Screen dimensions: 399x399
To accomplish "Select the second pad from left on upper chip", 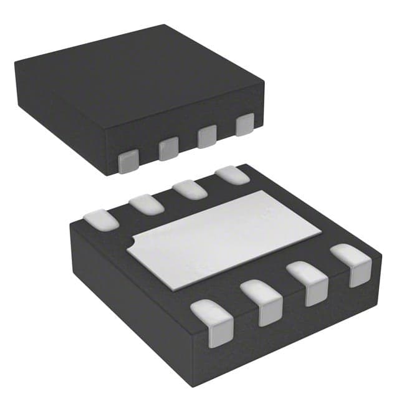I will pyautogui.click(x=168, y=148).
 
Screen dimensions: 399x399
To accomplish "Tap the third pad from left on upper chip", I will pyautogui.click(x=206, y=137).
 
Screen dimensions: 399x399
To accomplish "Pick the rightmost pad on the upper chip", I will pyautogui.click(x=245, y=125).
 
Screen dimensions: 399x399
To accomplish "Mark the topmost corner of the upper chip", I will pyautogui.click(x=164, y=26).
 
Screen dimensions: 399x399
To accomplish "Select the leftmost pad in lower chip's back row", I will pyautogui.click(x=101, y=219).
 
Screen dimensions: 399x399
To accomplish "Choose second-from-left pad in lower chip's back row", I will pyautogui.click(x=147, y=203).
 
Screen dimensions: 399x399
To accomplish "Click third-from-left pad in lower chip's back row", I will pyautogui.click(x=190, y=189).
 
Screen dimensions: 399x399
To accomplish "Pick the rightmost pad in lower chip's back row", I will pyautogui.click(x=232, y=175).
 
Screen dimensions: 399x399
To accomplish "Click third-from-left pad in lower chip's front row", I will pyautogui.click(x=310, y=282).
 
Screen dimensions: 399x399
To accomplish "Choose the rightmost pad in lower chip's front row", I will pyautogui.click(x=352, y=264).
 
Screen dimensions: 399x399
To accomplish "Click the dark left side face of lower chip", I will pyautogui.click(x=125, y=299).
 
